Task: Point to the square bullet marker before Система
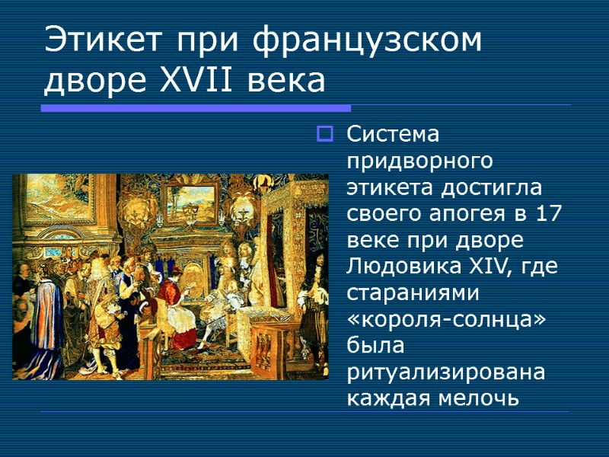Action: (324, 136)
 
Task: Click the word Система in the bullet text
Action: (393, 135)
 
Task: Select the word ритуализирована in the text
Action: (446, 372)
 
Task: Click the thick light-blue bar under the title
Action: (195, 109)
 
